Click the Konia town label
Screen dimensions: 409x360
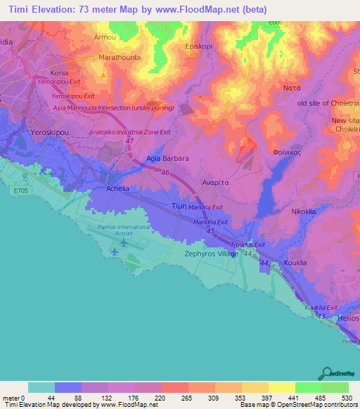click(58, 72)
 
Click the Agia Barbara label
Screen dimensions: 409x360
click(167, 158)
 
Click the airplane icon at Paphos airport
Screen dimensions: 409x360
click(124, 242)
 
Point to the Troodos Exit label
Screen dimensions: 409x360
click(248, 245)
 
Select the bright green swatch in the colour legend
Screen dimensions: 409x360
click(308, 387)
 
